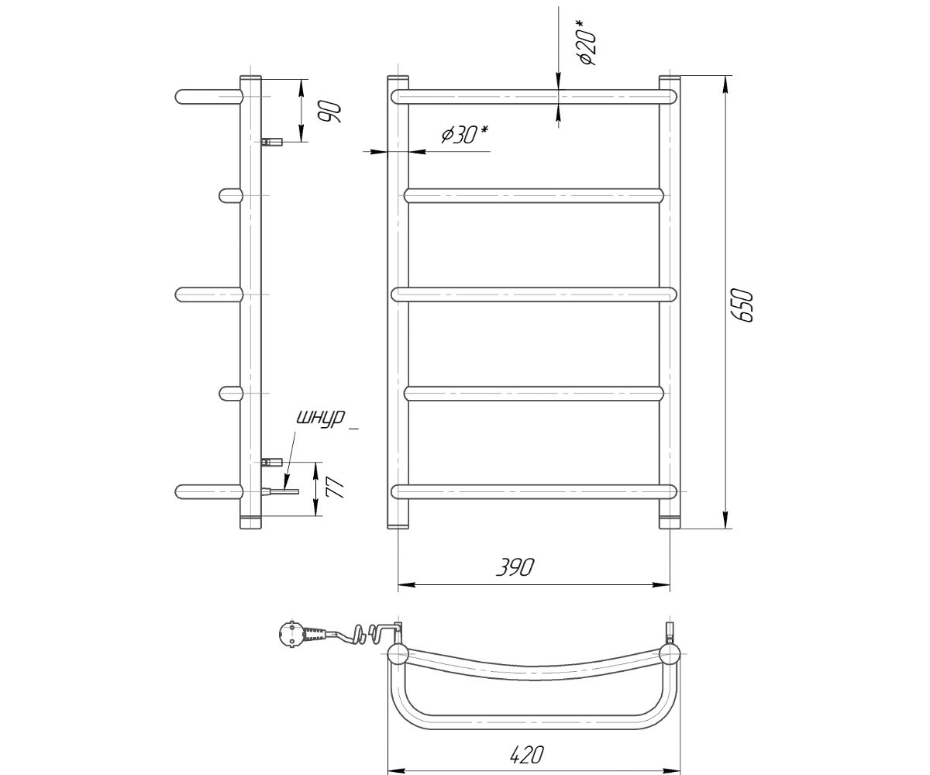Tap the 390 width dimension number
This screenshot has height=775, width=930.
515,567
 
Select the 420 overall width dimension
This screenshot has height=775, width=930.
526,755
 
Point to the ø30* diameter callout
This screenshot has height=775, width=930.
465,135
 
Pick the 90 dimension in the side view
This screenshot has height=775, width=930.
329,112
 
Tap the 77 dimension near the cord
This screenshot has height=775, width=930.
335,488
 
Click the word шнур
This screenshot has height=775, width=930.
321,418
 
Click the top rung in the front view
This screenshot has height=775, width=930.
534,97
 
